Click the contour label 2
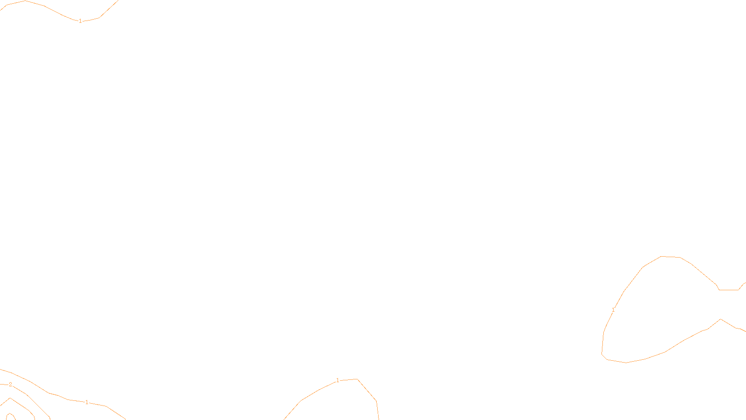coord(10,385)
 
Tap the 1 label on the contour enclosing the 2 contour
coord(87,402)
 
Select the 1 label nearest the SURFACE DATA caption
coord(338,381)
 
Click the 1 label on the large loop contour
coord(613,310)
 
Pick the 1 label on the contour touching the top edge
coord(80,21)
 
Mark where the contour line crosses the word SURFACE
coord(378,413)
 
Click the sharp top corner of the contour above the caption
coord(358,379)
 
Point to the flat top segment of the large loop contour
coord(671,257)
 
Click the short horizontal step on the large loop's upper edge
coord(729,290)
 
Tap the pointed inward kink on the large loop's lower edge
coord(721,319)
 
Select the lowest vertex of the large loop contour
coord(626,363)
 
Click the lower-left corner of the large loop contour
coord(602,355)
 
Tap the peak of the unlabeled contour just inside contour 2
coord(10,398)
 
